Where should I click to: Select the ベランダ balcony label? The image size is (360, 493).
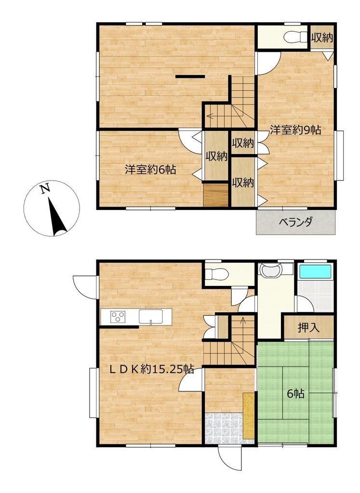(x=296, y=222)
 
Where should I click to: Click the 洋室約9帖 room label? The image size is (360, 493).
(x=295, y=130)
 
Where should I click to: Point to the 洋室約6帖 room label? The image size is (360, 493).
(x=150, y=170)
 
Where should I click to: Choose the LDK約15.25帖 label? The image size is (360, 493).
(x=151, y=369)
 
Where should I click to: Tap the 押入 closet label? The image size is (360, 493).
(x=309, y=328)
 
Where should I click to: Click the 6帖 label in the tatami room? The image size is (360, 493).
(x=296, y=394)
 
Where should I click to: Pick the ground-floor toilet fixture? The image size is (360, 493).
(x=216, y=274)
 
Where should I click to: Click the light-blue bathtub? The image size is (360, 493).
(x=315, y=272)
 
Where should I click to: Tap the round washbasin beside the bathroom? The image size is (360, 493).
(x=270, y=270)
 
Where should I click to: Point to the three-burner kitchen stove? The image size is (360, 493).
(x=118, y=317)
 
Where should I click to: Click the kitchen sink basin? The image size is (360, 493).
(x=151, y=316)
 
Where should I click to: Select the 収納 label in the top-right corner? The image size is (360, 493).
(x=322, y=38)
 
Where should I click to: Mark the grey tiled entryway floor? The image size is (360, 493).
(x=224, y=428)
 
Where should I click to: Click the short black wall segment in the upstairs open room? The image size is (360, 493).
(x=190, y=77)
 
